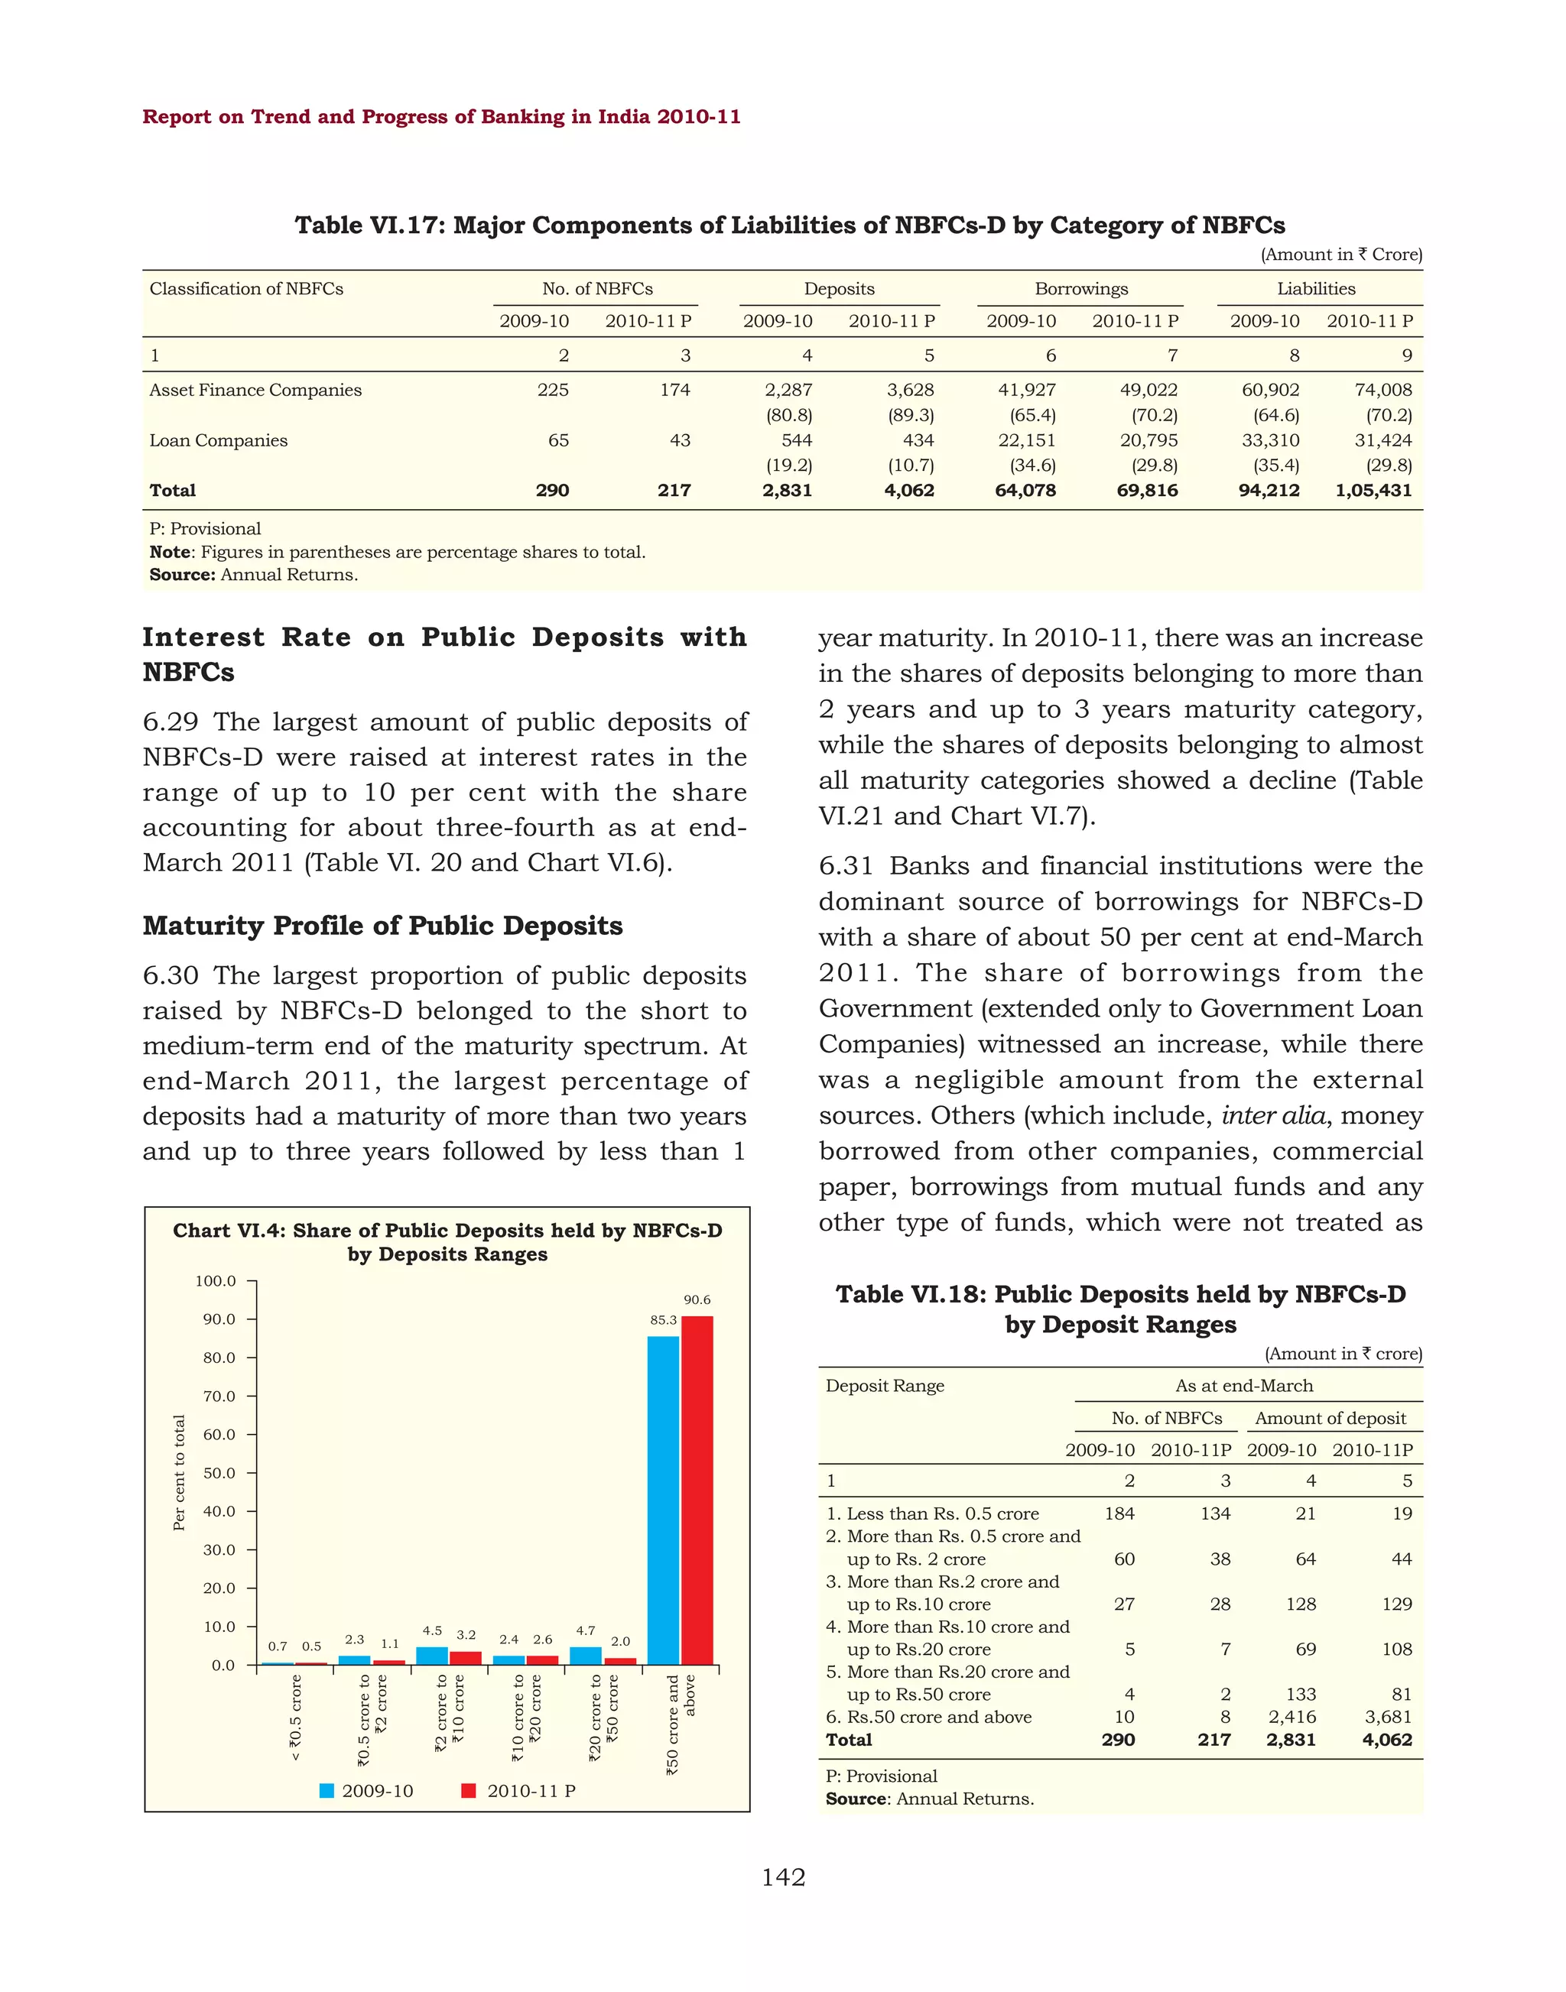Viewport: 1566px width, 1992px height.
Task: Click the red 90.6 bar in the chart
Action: (697, 1490)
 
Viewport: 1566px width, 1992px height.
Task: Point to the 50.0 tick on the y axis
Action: (219, 1473)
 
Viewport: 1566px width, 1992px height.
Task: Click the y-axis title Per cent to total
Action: (180, 1473)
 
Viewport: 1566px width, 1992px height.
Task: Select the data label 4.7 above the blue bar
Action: (585, 1630)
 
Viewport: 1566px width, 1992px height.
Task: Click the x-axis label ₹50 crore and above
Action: (681, 1724)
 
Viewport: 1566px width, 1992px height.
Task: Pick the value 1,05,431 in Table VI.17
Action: (1373, 491)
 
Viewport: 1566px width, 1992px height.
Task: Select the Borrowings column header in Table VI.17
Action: (1081, 289)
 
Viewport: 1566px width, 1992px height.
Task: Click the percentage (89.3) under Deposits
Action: (911, 415)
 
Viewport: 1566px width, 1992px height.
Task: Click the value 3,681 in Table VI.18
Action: (1387, 1717)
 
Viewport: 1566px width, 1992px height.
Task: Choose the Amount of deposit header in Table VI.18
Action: (1330, 1418)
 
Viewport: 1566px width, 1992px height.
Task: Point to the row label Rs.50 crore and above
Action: (939, 1717)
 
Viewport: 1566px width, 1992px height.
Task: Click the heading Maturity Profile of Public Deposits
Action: (382, 926)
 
